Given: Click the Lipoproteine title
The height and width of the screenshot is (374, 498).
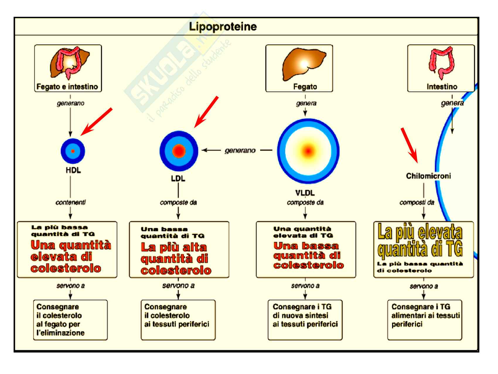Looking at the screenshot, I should click(223, 27).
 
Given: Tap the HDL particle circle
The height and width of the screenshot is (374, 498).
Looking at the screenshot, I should click(73, 151).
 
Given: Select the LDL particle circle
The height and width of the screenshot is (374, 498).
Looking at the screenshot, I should click(179, 151).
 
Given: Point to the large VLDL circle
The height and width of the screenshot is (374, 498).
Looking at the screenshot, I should click(308, 151).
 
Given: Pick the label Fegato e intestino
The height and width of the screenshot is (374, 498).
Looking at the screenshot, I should click(67, 87).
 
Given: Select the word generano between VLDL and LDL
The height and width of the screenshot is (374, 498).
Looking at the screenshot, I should click(240, 150).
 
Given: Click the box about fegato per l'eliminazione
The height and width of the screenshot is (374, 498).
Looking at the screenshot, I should click(70, 320).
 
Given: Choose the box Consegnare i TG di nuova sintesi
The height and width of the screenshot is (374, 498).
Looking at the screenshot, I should click(305, 320).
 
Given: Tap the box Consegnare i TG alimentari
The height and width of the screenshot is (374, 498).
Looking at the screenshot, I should click(424, 320).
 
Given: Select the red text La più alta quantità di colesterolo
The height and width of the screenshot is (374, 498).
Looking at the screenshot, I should click(176, 259).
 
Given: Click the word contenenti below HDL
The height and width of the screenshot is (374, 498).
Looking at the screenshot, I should click(71, 202).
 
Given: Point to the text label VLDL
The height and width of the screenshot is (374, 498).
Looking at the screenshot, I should click(305, 193).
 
